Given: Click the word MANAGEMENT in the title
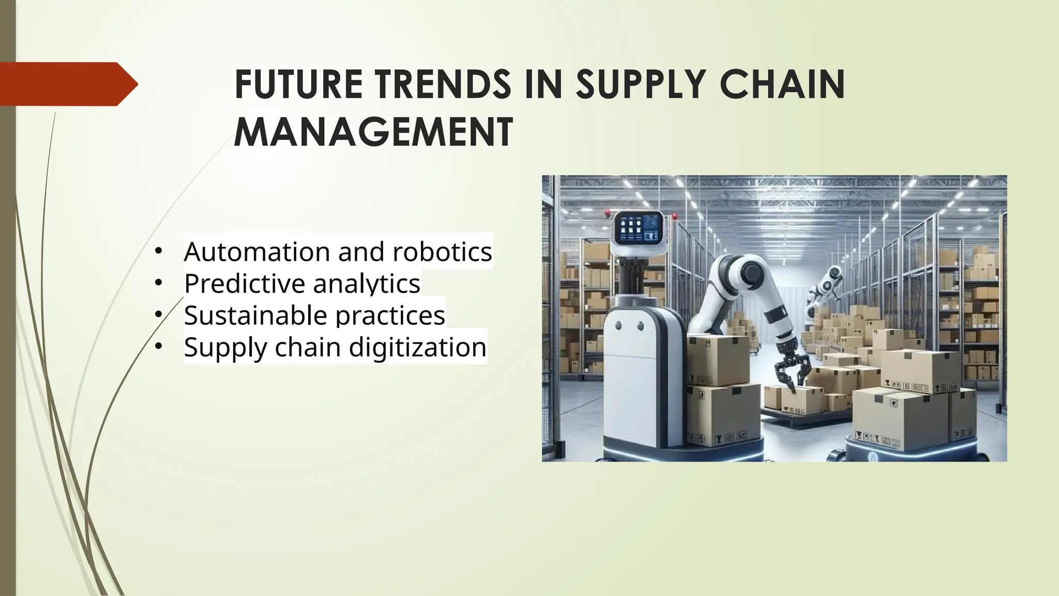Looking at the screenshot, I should coord(373,132).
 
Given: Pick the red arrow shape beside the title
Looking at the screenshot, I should coord(67,84).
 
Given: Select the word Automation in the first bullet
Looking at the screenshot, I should coord(257,252).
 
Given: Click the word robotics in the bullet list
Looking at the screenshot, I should coord(442,252).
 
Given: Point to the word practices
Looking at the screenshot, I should coord(390,315).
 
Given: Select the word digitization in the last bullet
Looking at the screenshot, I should coord(418,347).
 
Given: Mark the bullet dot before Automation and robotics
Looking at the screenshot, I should coord(158,251).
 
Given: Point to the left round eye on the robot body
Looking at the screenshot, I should coord(618,326).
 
